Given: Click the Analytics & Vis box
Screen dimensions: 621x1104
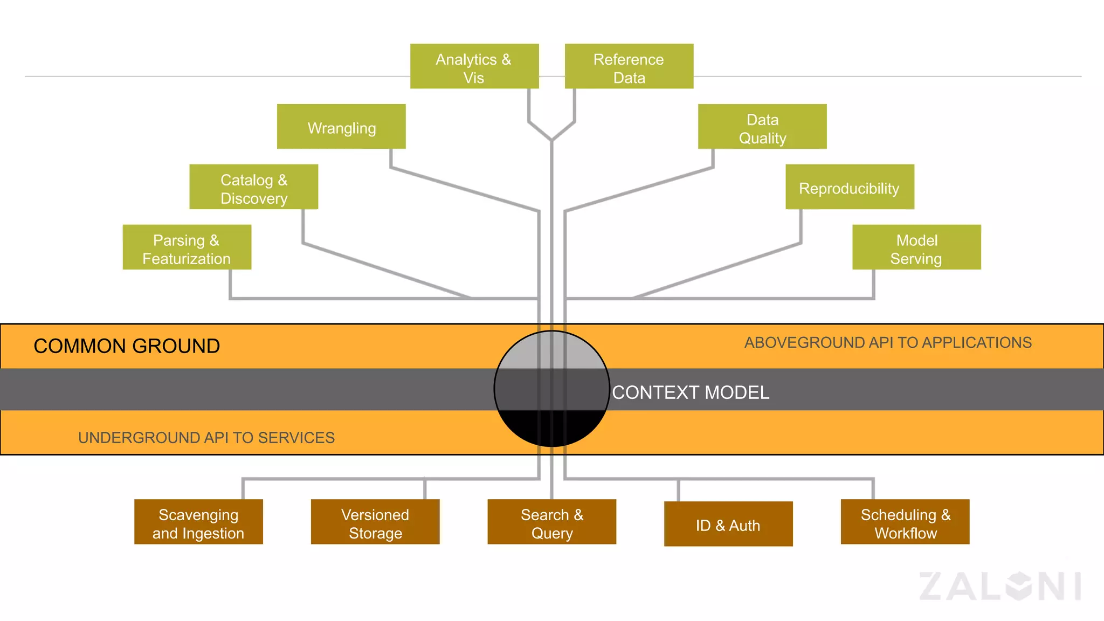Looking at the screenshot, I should pyautogui.click(x=474, y=66).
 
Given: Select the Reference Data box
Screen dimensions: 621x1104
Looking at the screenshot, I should pyautogui.click(x=629, y=66).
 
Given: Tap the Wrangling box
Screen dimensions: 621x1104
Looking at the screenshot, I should pyautogui.click(x=341, y=127).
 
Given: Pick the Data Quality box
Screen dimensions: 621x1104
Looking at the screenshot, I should pyautogui.click(x=762, y=127).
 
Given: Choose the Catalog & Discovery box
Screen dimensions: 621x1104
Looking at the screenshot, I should pyautogui.click(x=253, y=187).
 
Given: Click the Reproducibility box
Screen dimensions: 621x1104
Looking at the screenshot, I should pyautogui.click(x=850, y=187).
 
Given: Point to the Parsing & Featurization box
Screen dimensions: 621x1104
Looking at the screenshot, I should pyautogui.click(x=187, y=247).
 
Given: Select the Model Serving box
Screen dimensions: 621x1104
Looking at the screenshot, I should pyautogui.click(x=916, y=247).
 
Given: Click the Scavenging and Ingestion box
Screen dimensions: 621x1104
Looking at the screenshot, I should pyautogui.click(x=198, y=522).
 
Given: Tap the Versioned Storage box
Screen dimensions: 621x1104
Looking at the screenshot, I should pyautogui.click(x=375, y=522).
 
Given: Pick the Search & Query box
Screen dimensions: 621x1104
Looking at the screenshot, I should pyautogui.click(x=551, y=522).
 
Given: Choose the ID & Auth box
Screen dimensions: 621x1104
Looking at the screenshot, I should pyautogui.click(x=728, y=524).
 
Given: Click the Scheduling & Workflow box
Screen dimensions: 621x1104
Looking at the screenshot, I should pyautogui.click(x=905, y=522).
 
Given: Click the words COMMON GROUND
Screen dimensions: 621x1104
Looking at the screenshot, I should pyautogui.click(x=127, y=346).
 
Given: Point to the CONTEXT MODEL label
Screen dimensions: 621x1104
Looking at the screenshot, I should pyautogui.click(x=691, y=392).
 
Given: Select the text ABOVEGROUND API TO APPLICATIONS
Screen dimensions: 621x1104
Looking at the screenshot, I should pyautogui.click(x=888, y=343).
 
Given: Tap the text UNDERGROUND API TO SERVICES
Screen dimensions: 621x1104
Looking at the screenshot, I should pyautogui.click(x=206, y=438).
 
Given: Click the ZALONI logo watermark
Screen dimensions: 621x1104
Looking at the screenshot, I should pyautogui.click(x=1000, y=586).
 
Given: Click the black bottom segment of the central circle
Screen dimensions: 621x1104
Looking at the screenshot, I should pyautogui.click(x=551, y=429).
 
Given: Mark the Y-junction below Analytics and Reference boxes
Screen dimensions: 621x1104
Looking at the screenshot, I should pyautogui.click(x=551, y=139).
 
